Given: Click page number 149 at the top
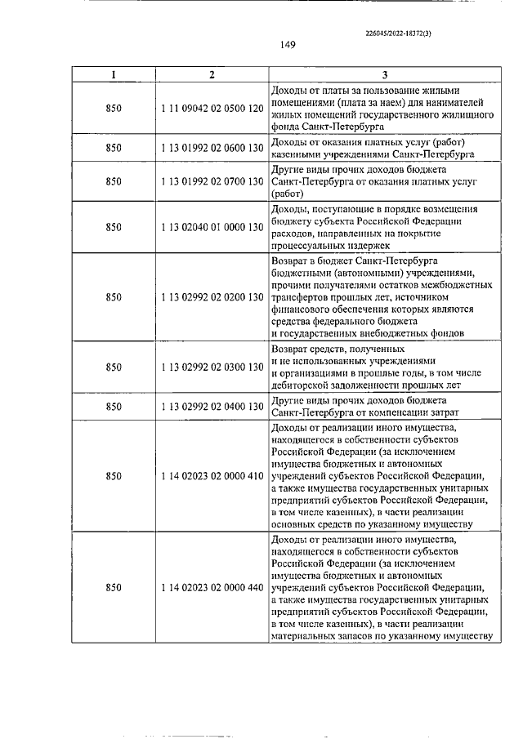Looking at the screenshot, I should pos(286,45).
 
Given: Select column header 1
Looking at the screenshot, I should pos(114,74).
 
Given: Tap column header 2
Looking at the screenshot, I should pos(211,74).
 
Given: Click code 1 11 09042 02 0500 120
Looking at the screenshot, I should pos(211,108).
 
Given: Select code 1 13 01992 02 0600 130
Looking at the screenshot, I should pos(211,148).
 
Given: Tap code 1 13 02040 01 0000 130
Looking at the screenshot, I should pos(211,227).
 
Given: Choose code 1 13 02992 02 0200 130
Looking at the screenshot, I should pos(211,296).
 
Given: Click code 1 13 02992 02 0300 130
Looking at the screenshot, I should pos(211,367).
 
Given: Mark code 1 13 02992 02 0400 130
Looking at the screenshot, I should pos(211,407).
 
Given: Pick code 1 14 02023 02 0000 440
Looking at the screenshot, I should pos(211,587).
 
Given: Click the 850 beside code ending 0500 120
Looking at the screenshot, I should pos(114,108).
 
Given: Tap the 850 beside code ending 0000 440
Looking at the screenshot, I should pos(114,587).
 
